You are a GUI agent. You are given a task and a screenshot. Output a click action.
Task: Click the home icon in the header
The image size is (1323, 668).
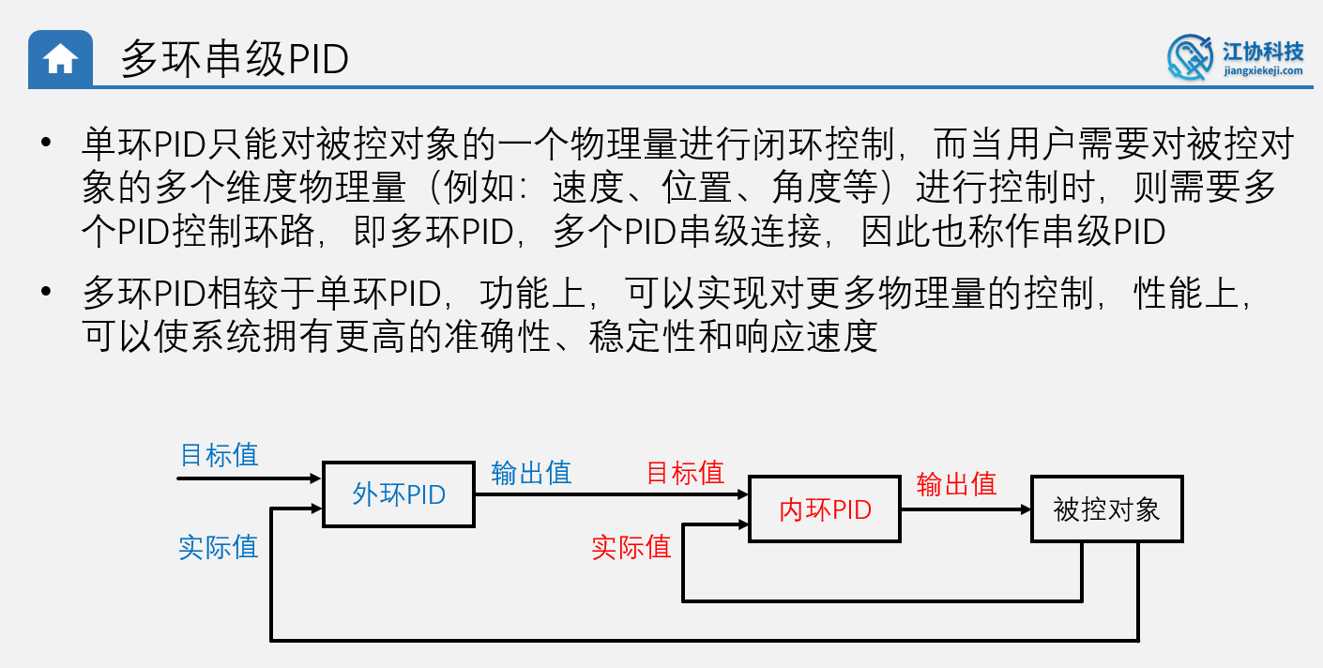click(x=60, y=59)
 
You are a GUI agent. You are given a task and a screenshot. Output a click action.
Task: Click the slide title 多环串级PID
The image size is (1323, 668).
click(x=235, y=60)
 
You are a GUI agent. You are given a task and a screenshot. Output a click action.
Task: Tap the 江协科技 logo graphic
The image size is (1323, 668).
click(x=1190, y=57)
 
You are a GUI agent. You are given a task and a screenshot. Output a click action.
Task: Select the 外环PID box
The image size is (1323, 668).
click(x=399, y=494)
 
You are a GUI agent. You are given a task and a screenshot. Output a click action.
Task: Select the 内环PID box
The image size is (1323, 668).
click(x=825, y=509)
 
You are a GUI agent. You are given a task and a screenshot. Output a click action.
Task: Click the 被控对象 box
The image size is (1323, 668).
click(x=1106, y=509)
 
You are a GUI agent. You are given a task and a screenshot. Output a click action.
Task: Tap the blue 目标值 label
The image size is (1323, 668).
click(x=219, y=455)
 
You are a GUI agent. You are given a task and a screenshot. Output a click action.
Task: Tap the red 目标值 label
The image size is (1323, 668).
click(x=685, y=472)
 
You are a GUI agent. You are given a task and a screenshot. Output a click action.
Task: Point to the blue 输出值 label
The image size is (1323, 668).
click(x=531, y=472)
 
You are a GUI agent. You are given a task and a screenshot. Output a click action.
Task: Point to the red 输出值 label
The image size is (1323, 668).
click(x=956, y=484)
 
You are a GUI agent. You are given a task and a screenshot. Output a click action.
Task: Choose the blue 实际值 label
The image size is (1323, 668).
click(x=219, y=547)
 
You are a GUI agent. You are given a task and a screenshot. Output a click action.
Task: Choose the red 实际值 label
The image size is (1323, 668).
click(x=631, y=547)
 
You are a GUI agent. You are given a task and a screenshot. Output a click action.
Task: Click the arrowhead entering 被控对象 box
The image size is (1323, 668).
click(x=1026, y=509)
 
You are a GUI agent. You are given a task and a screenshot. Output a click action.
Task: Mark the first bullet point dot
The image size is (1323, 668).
click(x=44, y=144)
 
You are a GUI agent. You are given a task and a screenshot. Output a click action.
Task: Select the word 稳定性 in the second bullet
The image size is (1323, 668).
click(x=642, y=337)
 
